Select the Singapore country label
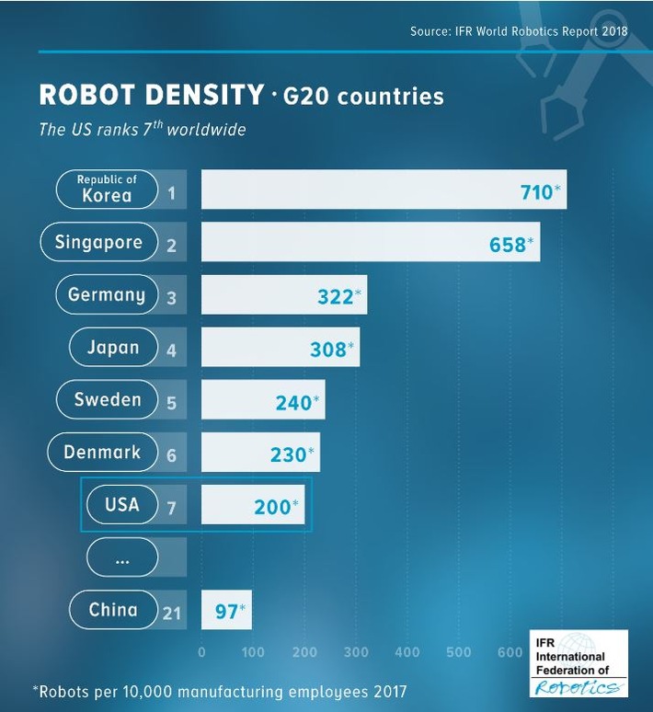[98, 243]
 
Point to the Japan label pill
[113, 348]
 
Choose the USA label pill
[122, 504]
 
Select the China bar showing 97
[225, 610]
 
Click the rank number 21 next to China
[172, 612]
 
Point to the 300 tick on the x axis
[356, 653]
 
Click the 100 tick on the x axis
[253, 653]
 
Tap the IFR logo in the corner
[579, 663]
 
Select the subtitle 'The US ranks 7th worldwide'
[143, 130]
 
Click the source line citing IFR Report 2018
[519, 32]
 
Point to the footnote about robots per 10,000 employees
[219, 691]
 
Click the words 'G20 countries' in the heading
[364, 96]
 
